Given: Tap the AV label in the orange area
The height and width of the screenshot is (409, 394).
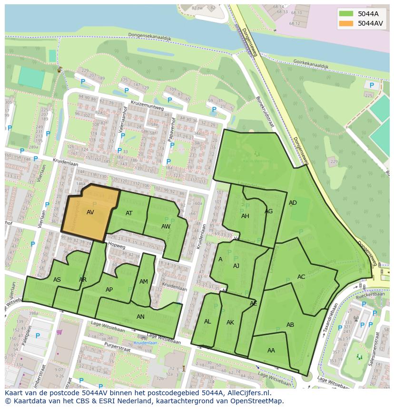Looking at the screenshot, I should click(x=90, y=212).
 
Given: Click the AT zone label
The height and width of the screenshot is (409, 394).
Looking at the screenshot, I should click(x=129, y=213).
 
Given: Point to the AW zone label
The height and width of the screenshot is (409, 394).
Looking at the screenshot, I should click(x=166, y=227).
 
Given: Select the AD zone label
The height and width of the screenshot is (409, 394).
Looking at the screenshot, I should click(x=293, y=203).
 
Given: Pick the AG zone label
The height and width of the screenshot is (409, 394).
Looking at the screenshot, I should click(x=269, y=211).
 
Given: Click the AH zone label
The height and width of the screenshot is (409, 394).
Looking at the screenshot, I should click(x=245, y=216).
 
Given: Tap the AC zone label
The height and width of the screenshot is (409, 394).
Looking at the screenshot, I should click(x=301, y=277).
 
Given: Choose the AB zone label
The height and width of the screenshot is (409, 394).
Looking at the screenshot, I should click(x=290, y=325).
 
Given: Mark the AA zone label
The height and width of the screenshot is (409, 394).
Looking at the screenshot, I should click(x=271, y=351).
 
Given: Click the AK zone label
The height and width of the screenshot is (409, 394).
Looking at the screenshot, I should click(x=230, y=323).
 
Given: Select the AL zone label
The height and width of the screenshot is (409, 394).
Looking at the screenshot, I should click(x=207, y=322).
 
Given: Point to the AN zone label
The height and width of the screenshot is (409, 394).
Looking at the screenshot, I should click(x=140, y=317).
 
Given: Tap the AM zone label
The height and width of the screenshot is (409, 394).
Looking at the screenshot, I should click(x=144, y=282).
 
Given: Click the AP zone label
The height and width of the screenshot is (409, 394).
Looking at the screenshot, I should click(x=109, y=290).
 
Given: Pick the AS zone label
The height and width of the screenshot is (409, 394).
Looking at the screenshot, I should click(x=57, y=280).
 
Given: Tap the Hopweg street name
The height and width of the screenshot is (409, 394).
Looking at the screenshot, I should click(x=116, y=246).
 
